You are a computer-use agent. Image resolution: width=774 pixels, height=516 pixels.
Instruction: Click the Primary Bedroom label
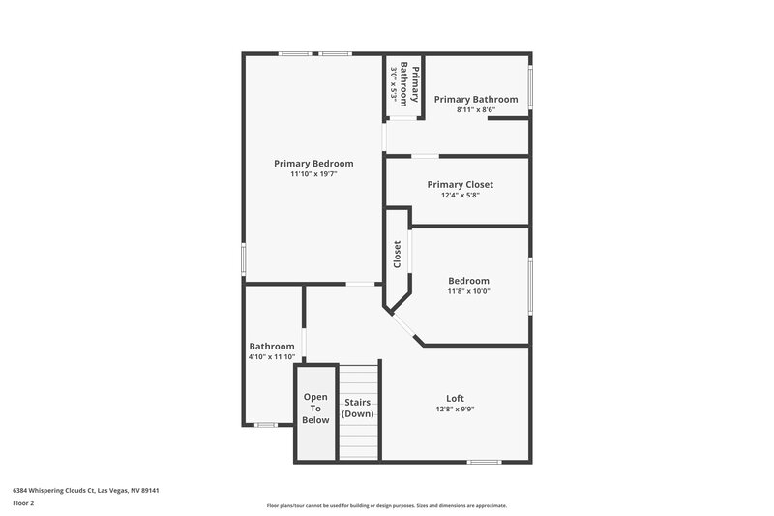click(x=313, y=163)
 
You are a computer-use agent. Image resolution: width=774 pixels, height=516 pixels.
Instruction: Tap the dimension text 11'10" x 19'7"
click(x=313, y=174)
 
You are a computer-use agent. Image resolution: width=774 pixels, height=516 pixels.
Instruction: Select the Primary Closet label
click(x=460, y=184)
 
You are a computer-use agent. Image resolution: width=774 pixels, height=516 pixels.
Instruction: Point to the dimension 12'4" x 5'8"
click(x=460, y=195)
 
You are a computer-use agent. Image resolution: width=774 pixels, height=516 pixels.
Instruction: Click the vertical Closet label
click(x=397, y=255)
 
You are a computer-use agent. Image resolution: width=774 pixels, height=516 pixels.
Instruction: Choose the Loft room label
click(x=455, y=398)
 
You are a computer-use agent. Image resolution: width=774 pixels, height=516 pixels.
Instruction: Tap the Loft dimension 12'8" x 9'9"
click(x=455, y=409)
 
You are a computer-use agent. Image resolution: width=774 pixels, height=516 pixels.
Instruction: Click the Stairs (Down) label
click(x=358, y=408)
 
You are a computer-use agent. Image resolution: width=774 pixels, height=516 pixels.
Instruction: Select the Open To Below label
click(x=315, y=408)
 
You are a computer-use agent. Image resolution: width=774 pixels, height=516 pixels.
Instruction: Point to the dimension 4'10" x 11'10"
click(x=272, y=356)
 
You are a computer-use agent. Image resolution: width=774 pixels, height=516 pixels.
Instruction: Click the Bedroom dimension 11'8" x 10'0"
click(x=468, y=291)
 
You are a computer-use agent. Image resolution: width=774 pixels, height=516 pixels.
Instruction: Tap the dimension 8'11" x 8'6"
click(x=475, y=110)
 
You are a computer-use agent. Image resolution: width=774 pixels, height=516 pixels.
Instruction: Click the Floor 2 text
click(x=24, y=503)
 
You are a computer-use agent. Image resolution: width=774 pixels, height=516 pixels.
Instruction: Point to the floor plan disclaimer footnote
click(x=386, y=505)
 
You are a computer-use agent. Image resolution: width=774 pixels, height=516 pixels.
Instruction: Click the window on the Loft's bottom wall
click(x=483, y=461)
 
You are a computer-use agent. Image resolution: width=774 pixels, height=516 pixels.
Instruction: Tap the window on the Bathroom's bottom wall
click(x=265, y=425)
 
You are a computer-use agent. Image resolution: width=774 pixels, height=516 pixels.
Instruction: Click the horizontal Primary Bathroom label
click(x=475, y=99)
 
